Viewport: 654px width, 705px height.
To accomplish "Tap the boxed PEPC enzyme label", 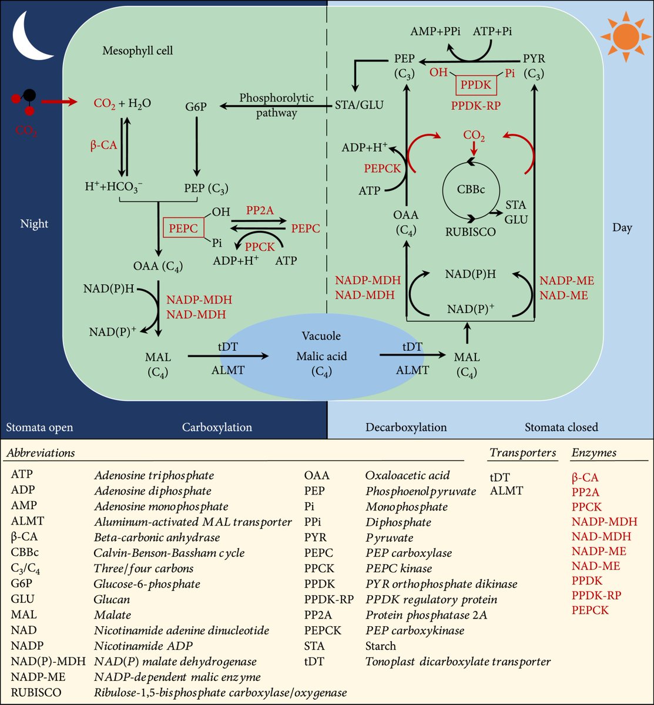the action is (183, 228).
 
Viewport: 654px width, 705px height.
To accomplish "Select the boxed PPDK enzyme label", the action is (476, 85).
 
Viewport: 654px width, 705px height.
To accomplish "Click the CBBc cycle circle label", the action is (471, 190).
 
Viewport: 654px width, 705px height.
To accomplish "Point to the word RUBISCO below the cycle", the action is (471, 232).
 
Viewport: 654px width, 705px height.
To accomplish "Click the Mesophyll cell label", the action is (137, 51).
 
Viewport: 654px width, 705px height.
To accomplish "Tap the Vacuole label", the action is (321, 336).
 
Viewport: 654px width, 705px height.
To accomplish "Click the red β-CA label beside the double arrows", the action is (103, 145).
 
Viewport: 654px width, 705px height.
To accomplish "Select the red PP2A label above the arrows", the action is (260, 210).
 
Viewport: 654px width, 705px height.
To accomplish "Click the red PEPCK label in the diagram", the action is (383, 168).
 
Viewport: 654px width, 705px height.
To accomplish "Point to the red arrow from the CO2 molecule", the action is (59, 102).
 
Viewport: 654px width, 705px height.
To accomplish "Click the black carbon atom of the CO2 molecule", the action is (29, 95).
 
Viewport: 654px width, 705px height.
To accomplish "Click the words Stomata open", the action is (39, 427).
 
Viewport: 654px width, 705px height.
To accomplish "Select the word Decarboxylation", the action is (406, 427).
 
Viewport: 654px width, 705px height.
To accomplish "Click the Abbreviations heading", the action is (41, 453).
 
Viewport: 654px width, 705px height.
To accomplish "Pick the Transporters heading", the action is (522, 452).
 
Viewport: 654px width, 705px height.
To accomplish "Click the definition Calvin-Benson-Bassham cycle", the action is (169, 553).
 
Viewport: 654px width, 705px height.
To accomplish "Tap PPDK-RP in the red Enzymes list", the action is (596, 595).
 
